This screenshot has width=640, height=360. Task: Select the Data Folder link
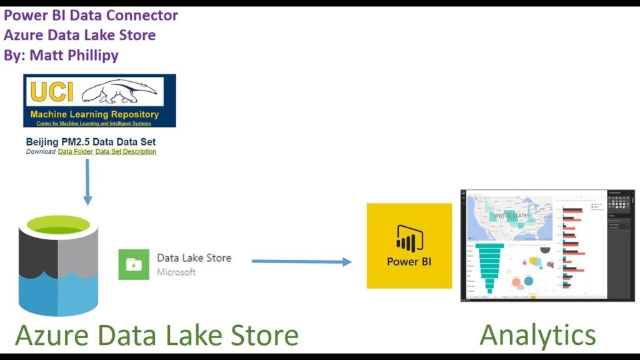tap(75, 152)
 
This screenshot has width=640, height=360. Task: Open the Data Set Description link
tap(126, 152)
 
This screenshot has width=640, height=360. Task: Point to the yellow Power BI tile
tap(409, 246)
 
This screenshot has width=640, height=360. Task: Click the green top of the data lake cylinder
tap(59, 226)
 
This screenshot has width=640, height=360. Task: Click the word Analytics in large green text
tap(537, 335)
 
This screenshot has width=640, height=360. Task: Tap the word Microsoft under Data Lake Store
tap(176, 272)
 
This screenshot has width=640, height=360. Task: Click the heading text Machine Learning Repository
tap(94, 114)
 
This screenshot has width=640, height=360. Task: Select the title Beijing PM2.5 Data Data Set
tap(91, 142)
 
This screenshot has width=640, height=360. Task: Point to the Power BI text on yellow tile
tap(409, 261)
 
